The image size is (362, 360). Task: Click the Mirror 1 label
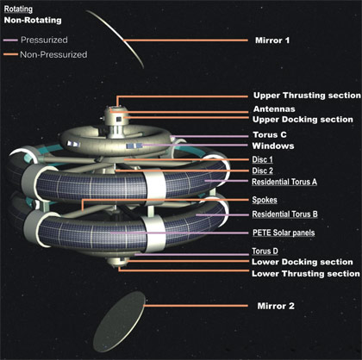[272, 40]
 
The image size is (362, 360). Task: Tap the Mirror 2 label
[276, 306]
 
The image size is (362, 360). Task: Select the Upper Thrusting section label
[307, 96]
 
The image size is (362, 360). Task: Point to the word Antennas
[274, 109]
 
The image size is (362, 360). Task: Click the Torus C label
[270, 134]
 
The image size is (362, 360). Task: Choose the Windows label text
[273, 146]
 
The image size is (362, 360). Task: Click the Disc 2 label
[263, 171]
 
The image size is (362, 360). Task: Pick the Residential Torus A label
[284, 182]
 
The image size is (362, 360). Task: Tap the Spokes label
[265, 200]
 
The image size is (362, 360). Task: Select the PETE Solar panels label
[284, 233]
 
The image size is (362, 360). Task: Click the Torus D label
[265, 251]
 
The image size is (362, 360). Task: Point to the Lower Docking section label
[303, 262]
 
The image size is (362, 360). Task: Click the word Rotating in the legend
[18, 9]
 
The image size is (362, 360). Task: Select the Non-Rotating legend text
[33, 20]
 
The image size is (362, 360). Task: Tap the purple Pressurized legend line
[10, 40]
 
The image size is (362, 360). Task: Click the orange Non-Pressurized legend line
[10, 54]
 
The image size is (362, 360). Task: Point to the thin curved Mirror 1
[123, 40]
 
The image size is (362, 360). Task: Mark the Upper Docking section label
[303, 120]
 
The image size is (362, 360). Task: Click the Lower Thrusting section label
[306, 274]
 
